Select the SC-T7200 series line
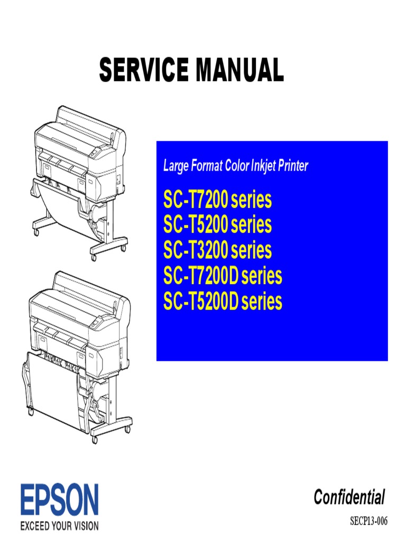pos(217,201)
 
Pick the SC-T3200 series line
pos(217,251)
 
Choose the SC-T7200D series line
pos(223,276)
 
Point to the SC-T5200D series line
pos(223,302)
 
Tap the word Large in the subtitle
pos(176,166)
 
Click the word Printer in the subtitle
pos(292,166)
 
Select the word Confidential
pos(349,498)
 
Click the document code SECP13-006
pos(369,522)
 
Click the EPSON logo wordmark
pos(60,501)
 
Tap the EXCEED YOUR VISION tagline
pos(60,526)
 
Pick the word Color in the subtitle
pos(235,166)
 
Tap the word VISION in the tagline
pos(85,526)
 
